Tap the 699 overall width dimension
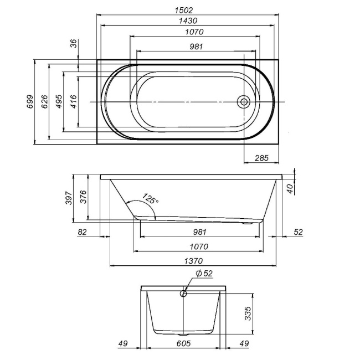pos(30,102)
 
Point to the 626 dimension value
pos(45,102)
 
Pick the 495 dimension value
pos(59,102)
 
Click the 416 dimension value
pos(74,102)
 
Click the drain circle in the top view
pos(243,102)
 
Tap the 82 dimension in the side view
pos(83,232)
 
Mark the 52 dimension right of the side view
pos(298,232)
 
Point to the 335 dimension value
pos(247,314)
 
